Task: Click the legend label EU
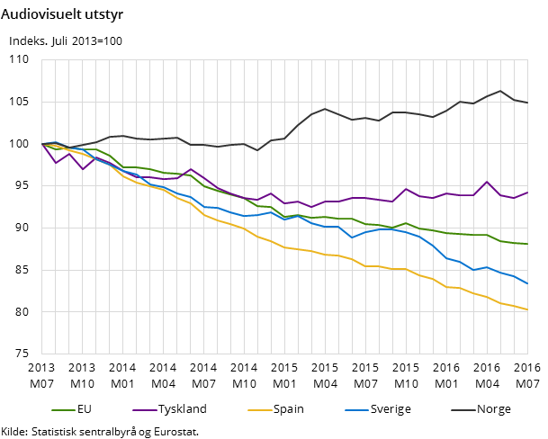tap(85, 409)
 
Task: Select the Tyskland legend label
tap(182, 409)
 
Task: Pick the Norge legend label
tap(493, 409)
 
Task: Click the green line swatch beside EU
tap(63, 410)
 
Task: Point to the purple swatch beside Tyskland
tap(144, 410)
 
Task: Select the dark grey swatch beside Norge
tap(463, 410)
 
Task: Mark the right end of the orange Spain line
tap(527, 309)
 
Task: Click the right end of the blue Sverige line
tap(527, 284)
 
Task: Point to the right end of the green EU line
tap(527, 244)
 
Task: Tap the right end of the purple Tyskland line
tap(527, 192)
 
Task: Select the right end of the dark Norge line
tap(527, 103)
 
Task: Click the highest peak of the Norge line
tap(500, 91)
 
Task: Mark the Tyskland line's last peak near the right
tap(487, 182)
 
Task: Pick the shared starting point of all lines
tap(42, 144)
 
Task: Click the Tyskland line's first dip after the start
tap(56, 163)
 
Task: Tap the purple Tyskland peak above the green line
tap(191, 169)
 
